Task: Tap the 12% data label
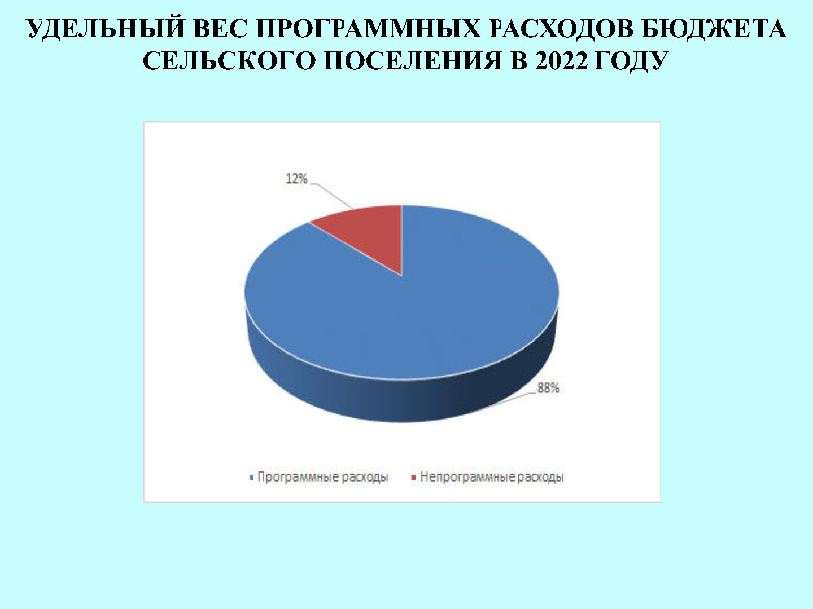(296, 179)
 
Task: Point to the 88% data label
(548, 388)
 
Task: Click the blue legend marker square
(251, 478)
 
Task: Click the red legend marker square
(414, 478)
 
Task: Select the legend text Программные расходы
(322, 478)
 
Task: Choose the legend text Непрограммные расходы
(492, 478)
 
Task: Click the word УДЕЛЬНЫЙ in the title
(106, 29)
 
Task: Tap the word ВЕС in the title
(220, 29)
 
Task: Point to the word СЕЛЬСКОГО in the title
(229, 61)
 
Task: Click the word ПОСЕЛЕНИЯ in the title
(413, 61)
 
